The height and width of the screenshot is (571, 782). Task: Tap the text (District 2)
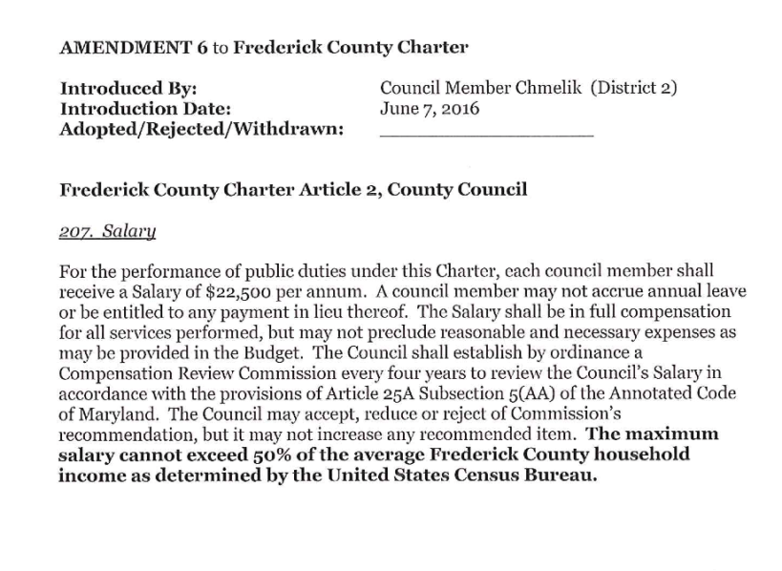pyautogui.click(x=633, y=89)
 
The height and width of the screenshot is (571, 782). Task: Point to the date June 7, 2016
pyautogui.click(x=430, y=109)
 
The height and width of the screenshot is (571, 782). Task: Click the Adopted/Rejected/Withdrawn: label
pyautogui.click(x=201, y=129)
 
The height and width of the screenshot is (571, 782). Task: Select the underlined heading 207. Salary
pyautogui.click(x=107, y=232)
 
